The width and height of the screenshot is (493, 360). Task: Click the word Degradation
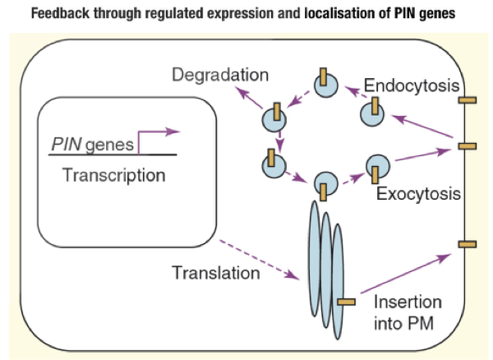pyautogui.click(x=220, y=76)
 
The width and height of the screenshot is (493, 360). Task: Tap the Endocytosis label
pyautogui.click(x=411, y=85)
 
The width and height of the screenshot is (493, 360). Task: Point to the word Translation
pyautogui.click(x=216, y=270)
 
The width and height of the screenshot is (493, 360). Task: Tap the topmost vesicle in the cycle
pyautogui.click(x=324, y=84)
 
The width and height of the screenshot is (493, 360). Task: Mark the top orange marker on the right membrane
pyautogui.click(x=466, y=100)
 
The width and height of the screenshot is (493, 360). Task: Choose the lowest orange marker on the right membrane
pyautogui.click(x=466, y=244)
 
